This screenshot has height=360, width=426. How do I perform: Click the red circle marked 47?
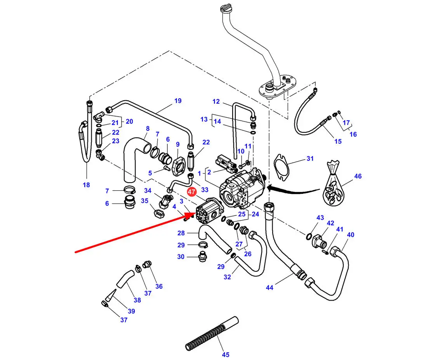coord(191,191)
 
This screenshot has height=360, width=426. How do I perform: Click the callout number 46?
coord(358,176)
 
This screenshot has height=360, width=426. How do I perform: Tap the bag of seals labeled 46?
coord(334,186)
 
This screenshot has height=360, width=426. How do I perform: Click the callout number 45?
coord(226,354)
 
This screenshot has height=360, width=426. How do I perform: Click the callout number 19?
coord(178,101)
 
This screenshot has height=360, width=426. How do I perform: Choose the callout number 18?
coord(86,185)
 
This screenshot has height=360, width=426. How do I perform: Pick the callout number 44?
coord(270,287)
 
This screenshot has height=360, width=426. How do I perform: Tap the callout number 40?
coord(351,235)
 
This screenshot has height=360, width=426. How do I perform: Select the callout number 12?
coord(216,102)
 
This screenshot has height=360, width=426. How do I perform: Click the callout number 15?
coord(338,141)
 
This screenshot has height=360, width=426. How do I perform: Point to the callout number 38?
coord(137,300)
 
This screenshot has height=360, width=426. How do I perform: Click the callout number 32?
coord(227,277)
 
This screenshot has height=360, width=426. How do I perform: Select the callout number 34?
coord(148,190)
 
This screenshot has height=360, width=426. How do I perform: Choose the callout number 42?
coord(330,223)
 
